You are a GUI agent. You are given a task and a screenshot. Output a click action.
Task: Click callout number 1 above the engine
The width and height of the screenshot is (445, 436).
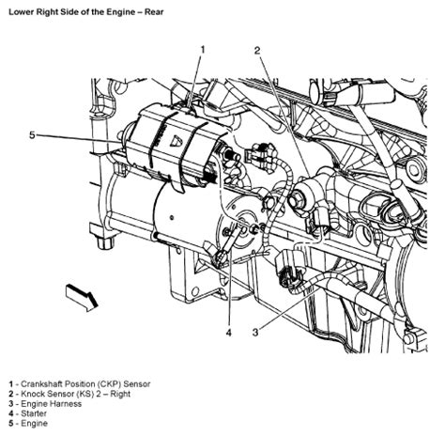click(201, 49)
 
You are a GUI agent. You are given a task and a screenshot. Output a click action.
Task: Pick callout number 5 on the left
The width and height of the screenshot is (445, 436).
click(31, 135)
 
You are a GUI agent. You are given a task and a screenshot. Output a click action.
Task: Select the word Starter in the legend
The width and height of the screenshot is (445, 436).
click(33, 415)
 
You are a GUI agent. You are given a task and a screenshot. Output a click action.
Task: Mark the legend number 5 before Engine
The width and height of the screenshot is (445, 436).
click(8, 426)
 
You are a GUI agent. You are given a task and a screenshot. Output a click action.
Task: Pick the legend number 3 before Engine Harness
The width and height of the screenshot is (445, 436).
click(8, 405)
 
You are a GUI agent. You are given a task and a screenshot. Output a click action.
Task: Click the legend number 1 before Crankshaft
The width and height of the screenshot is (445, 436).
click(8, 384)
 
